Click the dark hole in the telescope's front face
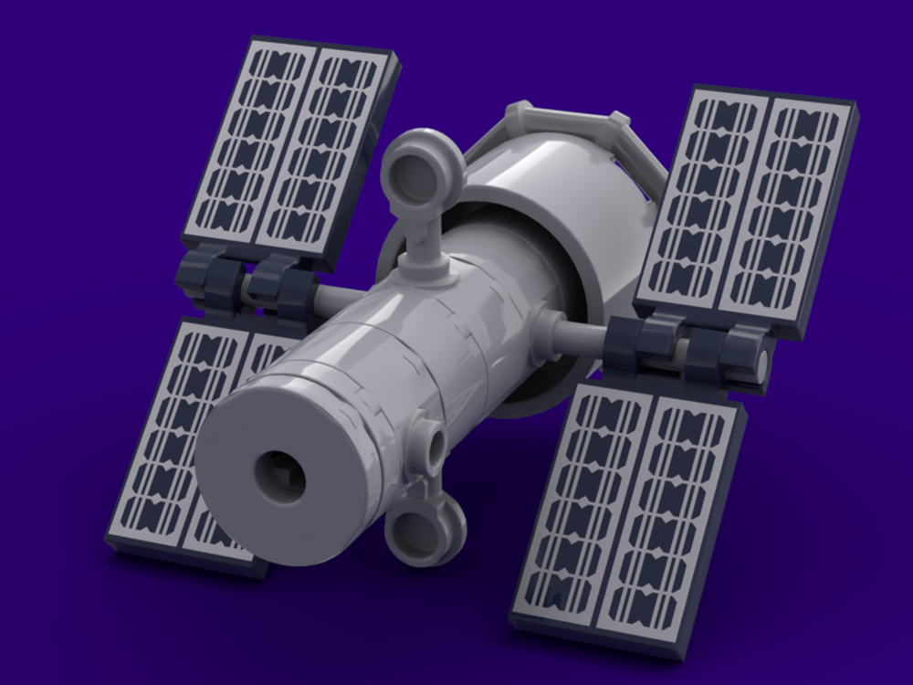(x=279, y=475)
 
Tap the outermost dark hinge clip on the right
(x=735, y=352)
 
